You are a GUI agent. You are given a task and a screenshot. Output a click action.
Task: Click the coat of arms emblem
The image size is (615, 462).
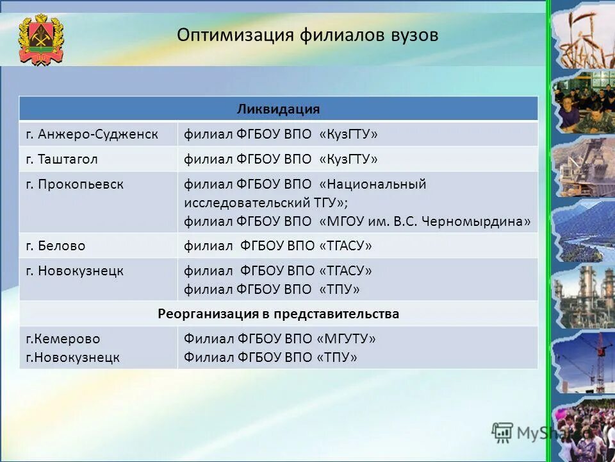(x=41, y=39)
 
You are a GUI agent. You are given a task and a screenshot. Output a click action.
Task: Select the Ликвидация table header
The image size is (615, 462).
(x=278, y=108)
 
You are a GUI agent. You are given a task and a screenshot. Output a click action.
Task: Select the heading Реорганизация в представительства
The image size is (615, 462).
(x=278, y=314)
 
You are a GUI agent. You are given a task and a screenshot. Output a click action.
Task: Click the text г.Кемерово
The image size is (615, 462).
(x=63, y=338)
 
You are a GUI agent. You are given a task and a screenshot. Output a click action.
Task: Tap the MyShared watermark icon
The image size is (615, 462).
(x=503, y=432)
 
